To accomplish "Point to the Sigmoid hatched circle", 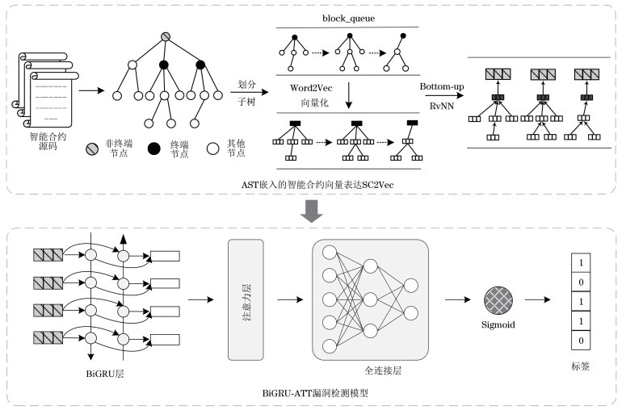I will [x=499, y=299].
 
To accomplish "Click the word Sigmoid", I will [x=499, y=326].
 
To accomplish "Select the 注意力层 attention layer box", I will [x=248, y=299].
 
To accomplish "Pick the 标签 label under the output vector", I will [x=580, y=365].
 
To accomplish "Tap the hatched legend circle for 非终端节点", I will [x=91, y=149].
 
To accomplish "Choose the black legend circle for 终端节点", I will [x=153, y=149].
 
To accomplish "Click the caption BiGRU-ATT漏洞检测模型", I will [x=315, y=393].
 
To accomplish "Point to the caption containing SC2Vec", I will [x=311, y=185].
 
